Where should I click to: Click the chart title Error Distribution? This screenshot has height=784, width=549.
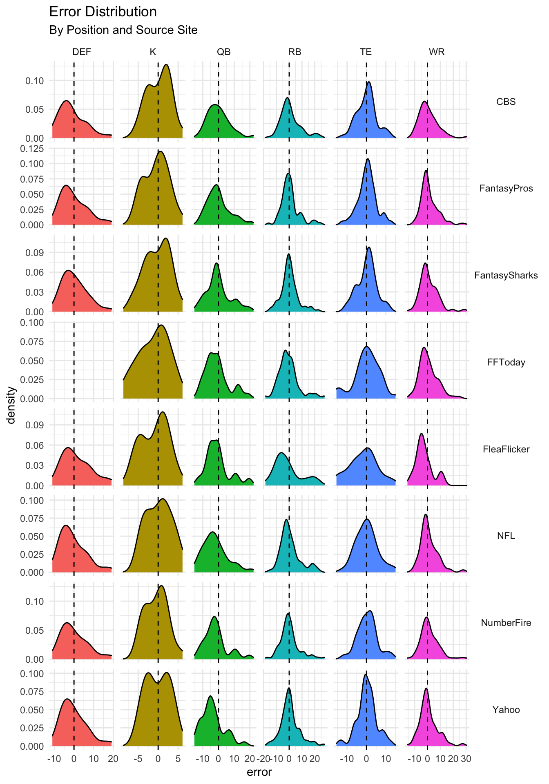point(103,12)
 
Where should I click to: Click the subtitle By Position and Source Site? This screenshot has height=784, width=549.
point(123,30)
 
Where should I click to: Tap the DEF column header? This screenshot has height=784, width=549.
point(82,52)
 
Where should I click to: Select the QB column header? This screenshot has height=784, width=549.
point(223,52)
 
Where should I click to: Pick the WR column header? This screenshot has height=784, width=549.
point(436,52)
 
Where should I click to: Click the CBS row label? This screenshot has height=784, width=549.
point(506,102)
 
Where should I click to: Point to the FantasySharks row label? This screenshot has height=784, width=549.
point(506,275)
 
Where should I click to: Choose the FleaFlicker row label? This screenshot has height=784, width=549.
point(506,449)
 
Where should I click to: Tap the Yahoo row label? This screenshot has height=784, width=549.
point(506,710)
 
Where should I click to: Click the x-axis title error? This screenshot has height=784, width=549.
point(259,772)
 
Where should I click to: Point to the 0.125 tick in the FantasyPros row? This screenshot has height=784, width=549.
point(32,149)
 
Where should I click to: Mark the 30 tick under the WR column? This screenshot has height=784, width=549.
point(466,759)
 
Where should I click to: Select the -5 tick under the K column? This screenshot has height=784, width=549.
point(138,759)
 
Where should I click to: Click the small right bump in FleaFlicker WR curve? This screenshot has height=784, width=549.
point(441,472)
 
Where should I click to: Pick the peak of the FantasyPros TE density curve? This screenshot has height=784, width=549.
point(368,159)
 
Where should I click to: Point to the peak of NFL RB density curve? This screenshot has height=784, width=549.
point(286,519)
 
